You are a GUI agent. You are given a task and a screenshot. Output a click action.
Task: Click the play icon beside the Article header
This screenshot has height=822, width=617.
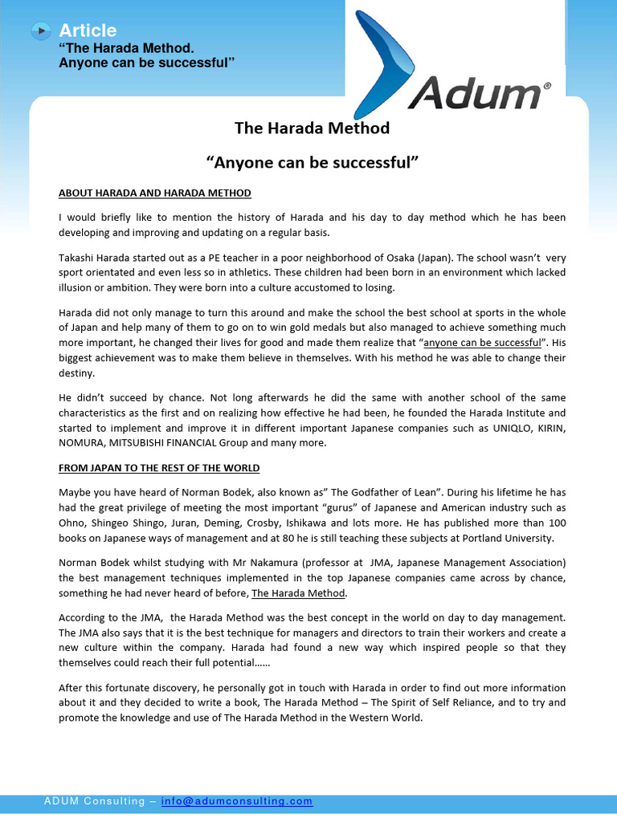click(x=41, y=31)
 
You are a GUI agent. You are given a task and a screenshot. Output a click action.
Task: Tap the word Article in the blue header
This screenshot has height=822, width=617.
click(x=88, y=31)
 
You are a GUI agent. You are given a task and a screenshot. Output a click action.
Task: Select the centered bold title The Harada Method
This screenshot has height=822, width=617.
click(x=312, y=128)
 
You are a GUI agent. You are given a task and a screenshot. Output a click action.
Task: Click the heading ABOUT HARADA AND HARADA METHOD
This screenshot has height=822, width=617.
click(x=155, y=193)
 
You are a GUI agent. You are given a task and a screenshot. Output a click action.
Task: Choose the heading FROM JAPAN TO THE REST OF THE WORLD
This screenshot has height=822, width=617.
click(x=159, y=468)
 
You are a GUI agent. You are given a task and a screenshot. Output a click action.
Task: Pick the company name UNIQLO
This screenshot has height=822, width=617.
click(x=505, y=428)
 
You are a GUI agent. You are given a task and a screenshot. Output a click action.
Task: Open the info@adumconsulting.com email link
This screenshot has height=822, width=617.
click(x=237, y=801)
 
